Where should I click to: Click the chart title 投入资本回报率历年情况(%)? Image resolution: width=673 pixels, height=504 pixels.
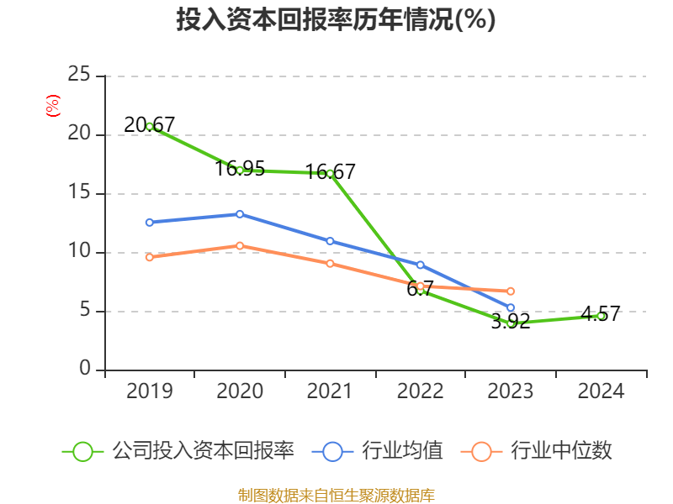[336, 20]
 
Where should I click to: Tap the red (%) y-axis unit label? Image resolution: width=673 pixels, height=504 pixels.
[52, 107]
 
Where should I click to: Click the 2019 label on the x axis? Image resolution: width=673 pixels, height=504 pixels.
[150, 391]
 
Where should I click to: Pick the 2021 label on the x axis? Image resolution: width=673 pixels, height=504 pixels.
[330, 391]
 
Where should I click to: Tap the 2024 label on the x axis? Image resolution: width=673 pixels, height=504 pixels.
[601, 391]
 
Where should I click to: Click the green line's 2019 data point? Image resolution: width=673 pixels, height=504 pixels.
[150, 126]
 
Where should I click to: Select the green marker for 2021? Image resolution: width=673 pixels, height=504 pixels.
[330, 173]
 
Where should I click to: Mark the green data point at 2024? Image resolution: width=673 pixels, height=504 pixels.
[601, 316]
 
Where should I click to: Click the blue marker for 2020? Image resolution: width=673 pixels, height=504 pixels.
[240, 214]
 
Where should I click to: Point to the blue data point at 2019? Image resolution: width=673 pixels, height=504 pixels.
[150, 223]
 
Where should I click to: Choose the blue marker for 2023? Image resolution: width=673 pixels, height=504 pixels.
[511, 307]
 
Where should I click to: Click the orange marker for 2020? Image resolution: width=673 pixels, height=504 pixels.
[240, 245]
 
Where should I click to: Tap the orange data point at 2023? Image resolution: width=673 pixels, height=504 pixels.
[511, 291]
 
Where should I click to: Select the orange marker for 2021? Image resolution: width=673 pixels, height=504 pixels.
[330, 264]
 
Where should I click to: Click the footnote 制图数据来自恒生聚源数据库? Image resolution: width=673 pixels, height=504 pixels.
[336, 495]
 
